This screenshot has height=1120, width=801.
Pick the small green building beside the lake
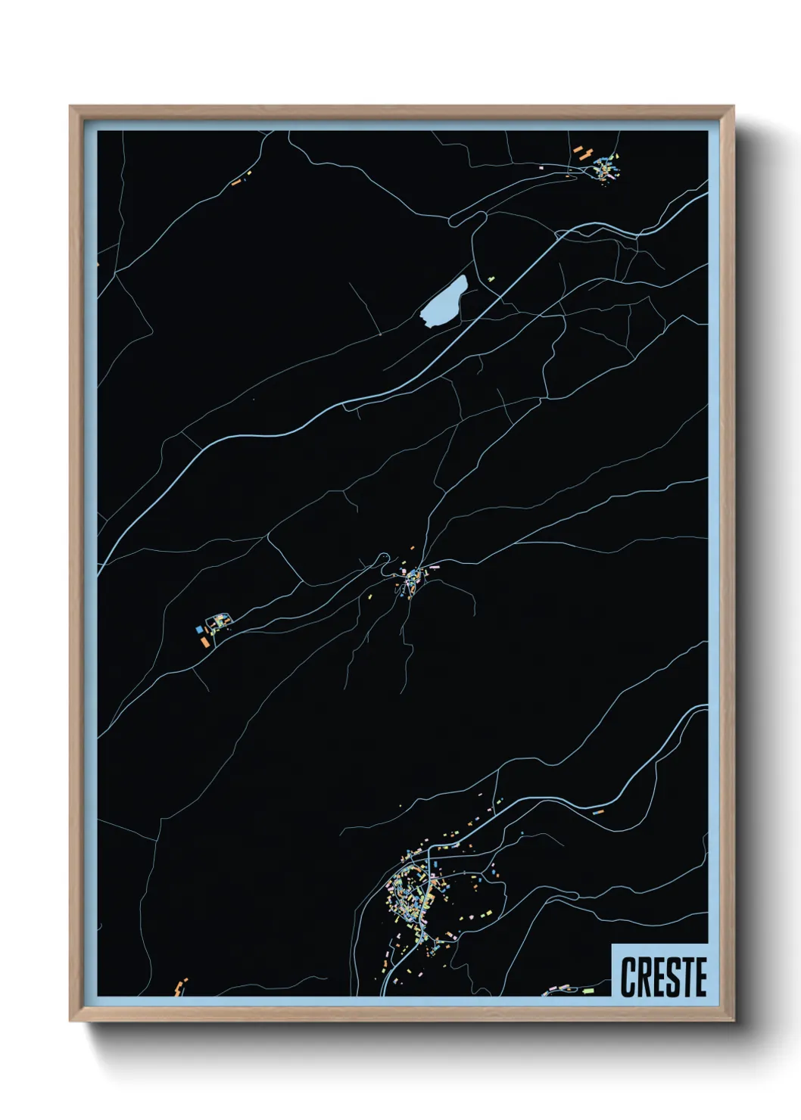[491, 278]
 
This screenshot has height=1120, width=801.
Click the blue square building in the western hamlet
[199, 629]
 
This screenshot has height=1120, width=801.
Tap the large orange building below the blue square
[204, 641]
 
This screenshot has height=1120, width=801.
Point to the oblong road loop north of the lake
[468, 218]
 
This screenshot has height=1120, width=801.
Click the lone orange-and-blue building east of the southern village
[598, 812]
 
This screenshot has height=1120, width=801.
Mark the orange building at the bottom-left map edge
[180, 985]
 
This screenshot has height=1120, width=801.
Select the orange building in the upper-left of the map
[236, 182]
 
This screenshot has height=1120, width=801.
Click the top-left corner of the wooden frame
[71, 107]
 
